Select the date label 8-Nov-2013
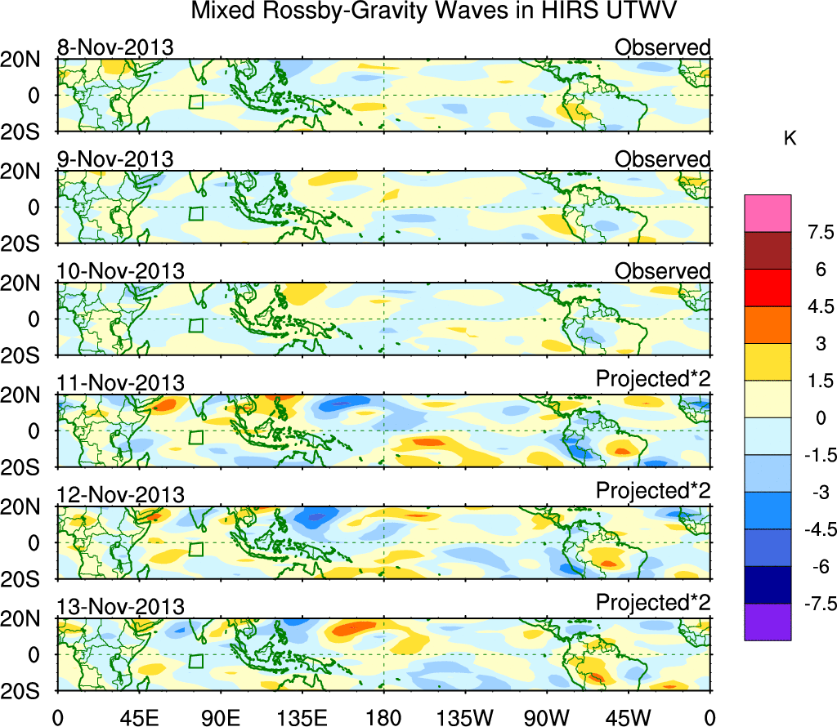tap(115, 47)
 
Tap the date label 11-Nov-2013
tap(120, 382)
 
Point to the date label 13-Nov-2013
tap(120, 606)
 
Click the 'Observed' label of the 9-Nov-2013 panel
tap(662, 159)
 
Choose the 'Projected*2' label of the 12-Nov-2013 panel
tap(653, 494)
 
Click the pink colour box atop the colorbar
tap(768, 213)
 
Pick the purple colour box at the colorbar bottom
tap(768, 622)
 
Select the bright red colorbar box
tap(768, 288)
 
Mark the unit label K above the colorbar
tap(790, 140)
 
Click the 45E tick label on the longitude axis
tap(138, 716)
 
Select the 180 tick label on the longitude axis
tap(383, 716)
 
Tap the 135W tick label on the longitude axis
tap(464, 716)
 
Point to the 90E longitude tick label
tap(220, 716)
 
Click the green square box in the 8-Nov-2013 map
tap(195, 102)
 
